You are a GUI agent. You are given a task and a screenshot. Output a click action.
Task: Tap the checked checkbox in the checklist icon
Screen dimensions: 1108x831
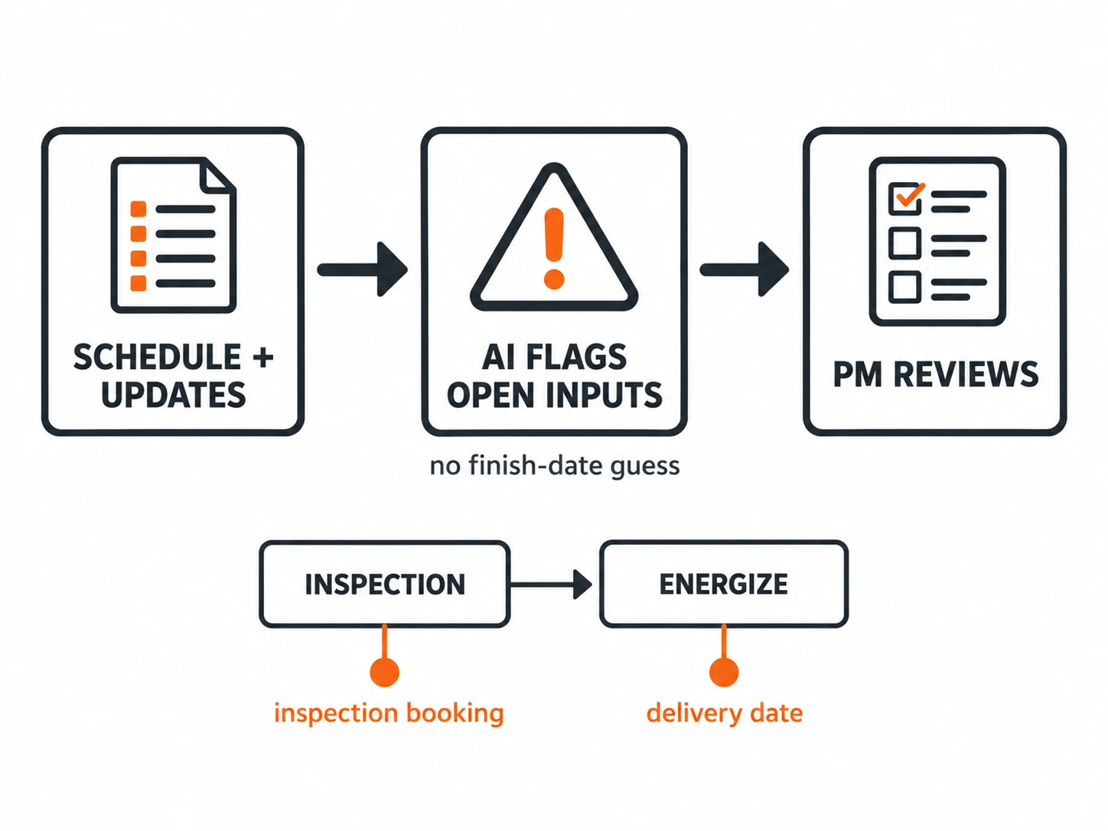(x=904, y=199)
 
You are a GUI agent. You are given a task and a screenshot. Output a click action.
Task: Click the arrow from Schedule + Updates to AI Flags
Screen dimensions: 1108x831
(x=362, y=269)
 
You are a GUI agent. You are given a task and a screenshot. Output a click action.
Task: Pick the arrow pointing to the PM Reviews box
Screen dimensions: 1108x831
(x=744, y=269)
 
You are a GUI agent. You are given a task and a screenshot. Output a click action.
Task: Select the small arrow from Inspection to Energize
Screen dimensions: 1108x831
(x=551, y=585)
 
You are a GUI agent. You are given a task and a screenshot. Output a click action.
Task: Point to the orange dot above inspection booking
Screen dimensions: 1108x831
(x=385, y=672)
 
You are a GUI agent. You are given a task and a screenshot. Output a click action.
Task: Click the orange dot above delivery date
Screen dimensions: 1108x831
(x=724, y=672)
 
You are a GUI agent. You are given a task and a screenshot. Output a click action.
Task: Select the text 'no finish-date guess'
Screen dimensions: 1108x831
(x=554, y=466)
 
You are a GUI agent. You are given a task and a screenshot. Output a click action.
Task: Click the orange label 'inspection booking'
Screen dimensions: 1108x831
(x=389, y=714)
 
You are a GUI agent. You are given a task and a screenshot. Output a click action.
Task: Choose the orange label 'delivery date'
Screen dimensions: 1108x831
(x=725, y=713)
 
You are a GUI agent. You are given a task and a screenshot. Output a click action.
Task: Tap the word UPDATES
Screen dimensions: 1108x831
(x=173, y=395)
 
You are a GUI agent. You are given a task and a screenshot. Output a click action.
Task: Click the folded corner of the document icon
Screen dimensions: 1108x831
(x=218, y=175)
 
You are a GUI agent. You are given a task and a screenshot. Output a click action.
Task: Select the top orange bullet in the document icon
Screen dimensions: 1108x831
(x=138, y=209)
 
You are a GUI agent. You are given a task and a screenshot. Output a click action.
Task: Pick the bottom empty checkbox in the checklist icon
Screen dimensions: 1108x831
(x=904, y=287)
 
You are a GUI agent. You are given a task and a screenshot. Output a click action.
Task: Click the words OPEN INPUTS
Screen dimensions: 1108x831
(x=554, y=395)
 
